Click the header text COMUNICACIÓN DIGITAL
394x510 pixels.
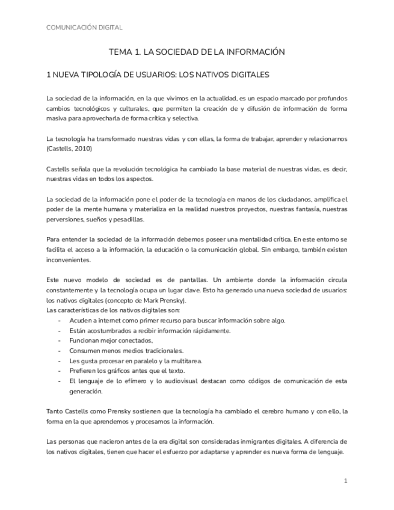[x=84, y=27]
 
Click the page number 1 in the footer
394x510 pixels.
[x=346, y=481]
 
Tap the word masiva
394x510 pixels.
[x=56, y=118]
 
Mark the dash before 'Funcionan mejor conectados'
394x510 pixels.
[x=59, y=340]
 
